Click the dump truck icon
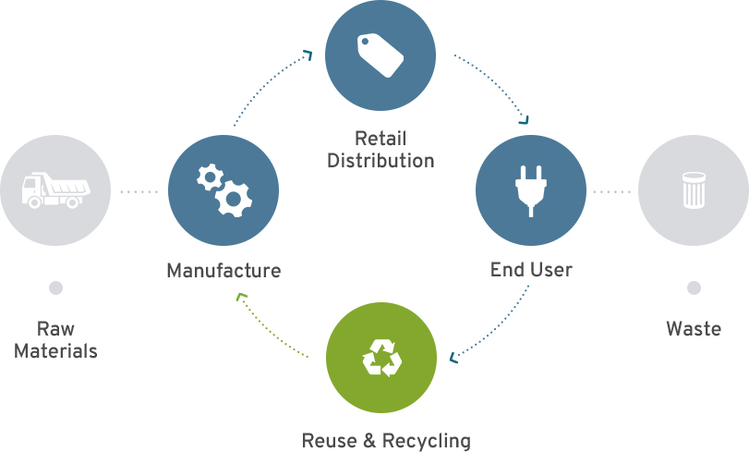pyautogui.click(x=55, y=190)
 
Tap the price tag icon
pyautogui.click(x=381, y=55)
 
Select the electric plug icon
pyautogui.click(x=530, y=189)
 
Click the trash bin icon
pyautogui.click(x=694, y=191)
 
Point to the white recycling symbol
pyautogui.click(x=381, y=358)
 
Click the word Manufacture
pyautogui.click(x=223, y=271)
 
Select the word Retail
pyautogui.click(x=381, y=140)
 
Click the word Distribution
pyautogui.click(x=381, y=161)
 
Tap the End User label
pyautogui.click(x=531, y=270)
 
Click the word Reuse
pyautogui.click(x=329, y=440)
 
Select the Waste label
pyautogui.click(x=694, y=328)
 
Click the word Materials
pyautogui.click(x=55, y=351)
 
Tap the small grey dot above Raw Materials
pyautogui.click(x=55, y=288)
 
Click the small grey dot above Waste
pyautogui.click(x=694, y=288)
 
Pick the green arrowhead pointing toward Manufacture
pyautogui.click(x=242, y=298)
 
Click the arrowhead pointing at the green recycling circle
pyautogui.click(x=454, y=358)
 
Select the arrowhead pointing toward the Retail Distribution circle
pyautogui.click(x=308, y=55)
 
